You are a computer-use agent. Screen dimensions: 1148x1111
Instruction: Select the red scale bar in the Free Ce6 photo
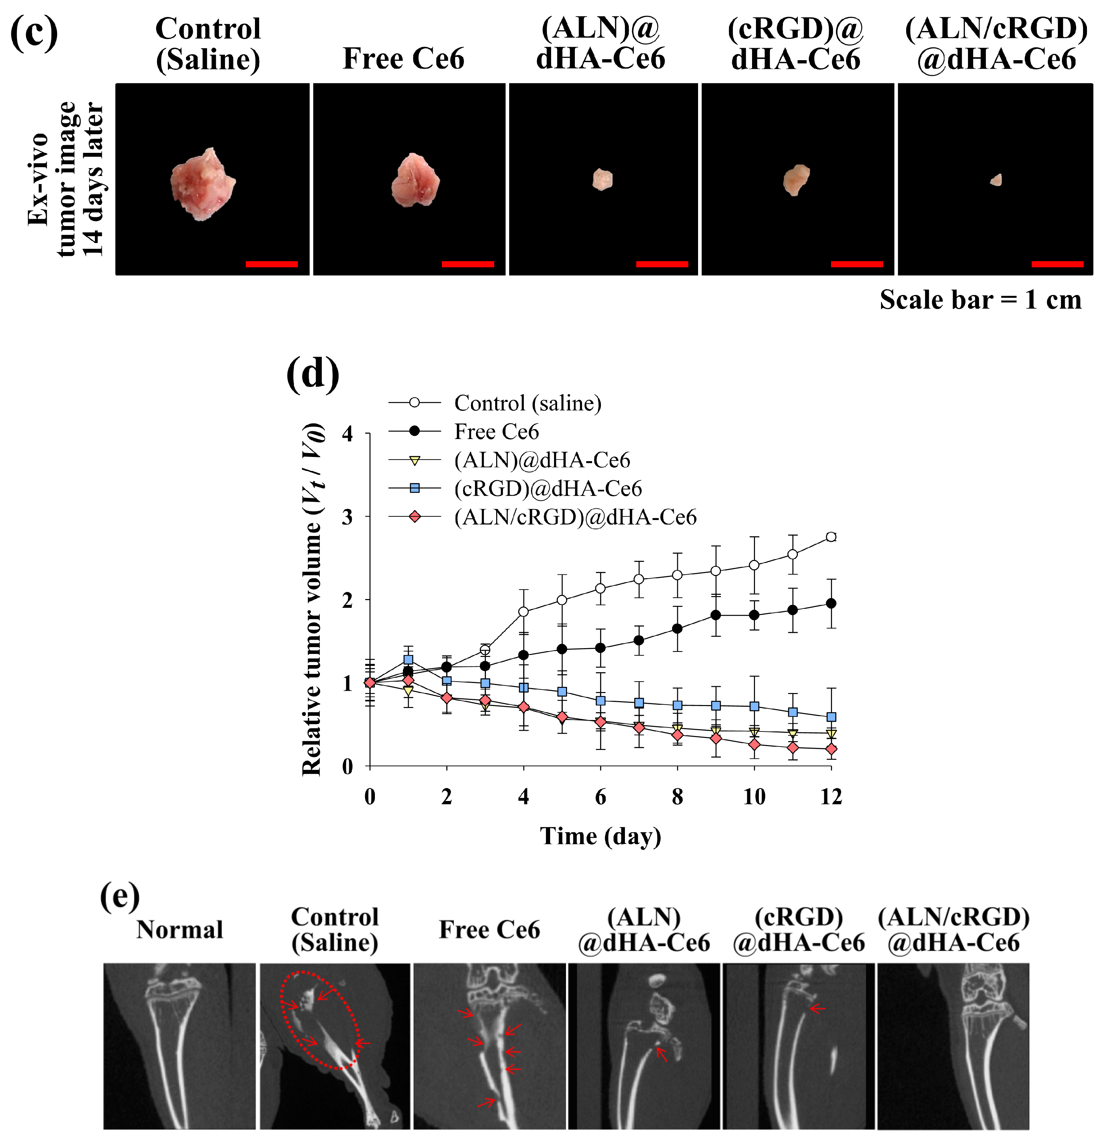[x=467, y=264]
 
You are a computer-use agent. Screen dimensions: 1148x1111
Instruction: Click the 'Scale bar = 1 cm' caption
[x=980, y=300]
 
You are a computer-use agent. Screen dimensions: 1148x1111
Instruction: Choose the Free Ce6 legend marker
[x=415, y=431]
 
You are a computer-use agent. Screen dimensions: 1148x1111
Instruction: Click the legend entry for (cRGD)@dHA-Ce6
[x=548, y=488]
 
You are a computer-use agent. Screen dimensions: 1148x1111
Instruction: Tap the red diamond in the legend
[x=415, y=516]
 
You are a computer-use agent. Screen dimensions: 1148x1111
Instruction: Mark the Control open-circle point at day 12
[x=830, y=537]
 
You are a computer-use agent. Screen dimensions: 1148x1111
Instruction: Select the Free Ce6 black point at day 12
[x=830, y=603]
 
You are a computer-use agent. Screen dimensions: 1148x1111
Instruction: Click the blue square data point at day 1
[x=408, y=660]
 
